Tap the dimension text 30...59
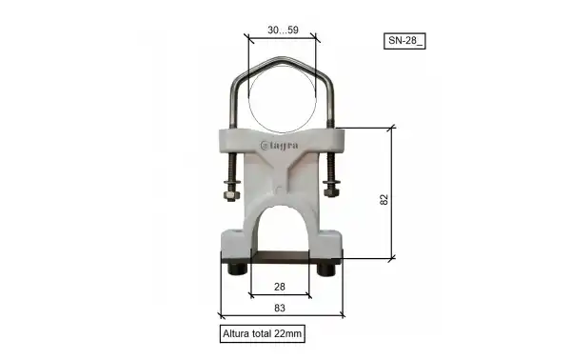coord(282,30)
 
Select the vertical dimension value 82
coord(384,199)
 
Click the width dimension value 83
coord(281,307)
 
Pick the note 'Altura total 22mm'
coord(262,334)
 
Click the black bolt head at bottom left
coord(234,270)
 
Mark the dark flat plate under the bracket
coord(282,256)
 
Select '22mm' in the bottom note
coord(288,334)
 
